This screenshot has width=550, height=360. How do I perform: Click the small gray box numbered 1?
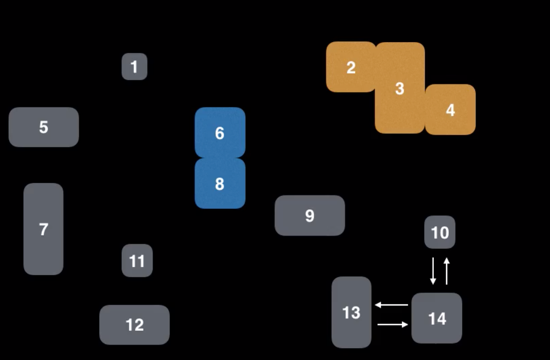134,66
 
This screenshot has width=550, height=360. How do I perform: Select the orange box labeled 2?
351,67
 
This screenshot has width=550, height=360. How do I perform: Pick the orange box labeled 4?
450,110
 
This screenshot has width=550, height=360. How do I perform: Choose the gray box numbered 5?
44,127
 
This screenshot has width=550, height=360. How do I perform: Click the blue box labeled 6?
220,133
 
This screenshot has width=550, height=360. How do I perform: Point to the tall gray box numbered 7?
43,229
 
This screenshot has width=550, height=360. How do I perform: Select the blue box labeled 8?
220,184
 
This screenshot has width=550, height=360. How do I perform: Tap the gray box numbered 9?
309,215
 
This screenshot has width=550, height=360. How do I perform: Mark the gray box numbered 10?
439,232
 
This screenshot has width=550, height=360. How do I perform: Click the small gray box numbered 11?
137,261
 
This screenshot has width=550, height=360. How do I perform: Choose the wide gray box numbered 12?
134,325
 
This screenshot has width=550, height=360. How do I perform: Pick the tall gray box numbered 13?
351,312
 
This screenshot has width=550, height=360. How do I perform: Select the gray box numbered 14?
436,318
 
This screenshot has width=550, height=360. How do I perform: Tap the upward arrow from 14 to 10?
447,271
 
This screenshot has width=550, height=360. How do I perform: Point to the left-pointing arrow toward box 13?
391,305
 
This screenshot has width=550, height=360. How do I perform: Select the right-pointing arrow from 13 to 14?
393,325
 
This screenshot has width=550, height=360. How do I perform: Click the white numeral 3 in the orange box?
400,88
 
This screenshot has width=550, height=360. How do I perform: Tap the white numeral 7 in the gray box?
43,229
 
